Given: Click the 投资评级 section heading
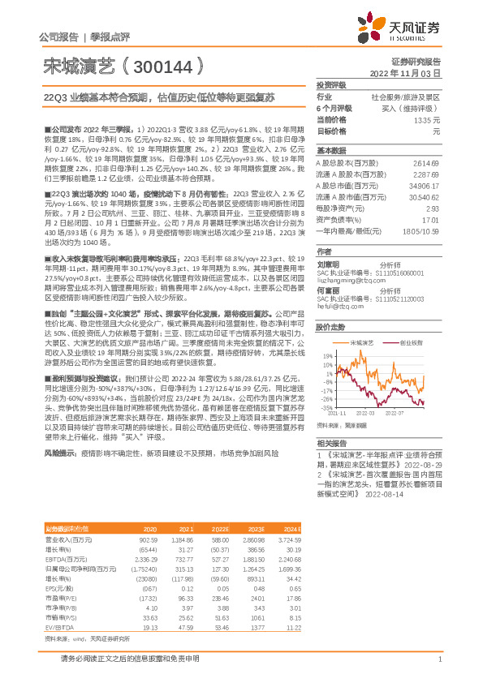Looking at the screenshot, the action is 331,84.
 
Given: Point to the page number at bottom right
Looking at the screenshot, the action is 438,659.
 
